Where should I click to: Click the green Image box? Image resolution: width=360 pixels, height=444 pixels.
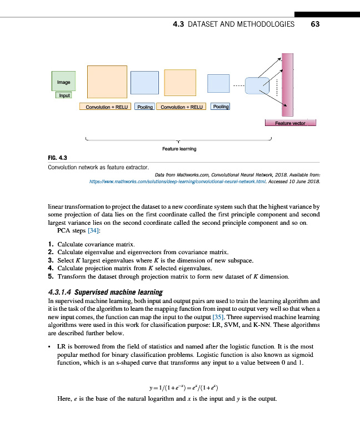pos(63,82)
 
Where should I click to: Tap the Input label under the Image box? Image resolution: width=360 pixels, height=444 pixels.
pos(64,95)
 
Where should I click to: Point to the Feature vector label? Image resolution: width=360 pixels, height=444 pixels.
pos(291,123)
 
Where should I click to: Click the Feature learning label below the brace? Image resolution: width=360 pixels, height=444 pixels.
pos(179,149)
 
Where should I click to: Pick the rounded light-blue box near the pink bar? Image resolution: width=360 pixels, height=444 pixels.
pos(257,85)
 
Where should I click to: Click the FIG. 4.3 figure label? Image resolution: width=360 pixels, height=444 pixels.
pos(58,158)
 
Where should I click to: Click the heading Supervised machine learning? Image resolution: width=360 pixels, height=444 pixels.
pos(119,292)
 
